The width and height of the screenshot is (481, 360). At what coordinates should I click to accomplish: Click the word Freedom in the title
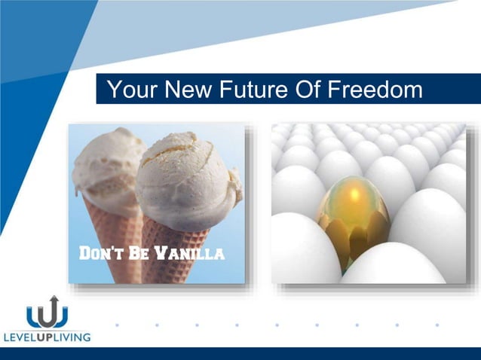click(375, 90)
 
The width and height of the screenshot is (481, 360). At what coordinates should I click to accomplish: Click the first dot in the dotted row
click(117, 325)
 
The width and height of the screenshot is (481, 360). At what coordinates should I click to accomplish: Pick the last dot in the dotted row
click(437, 325)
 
